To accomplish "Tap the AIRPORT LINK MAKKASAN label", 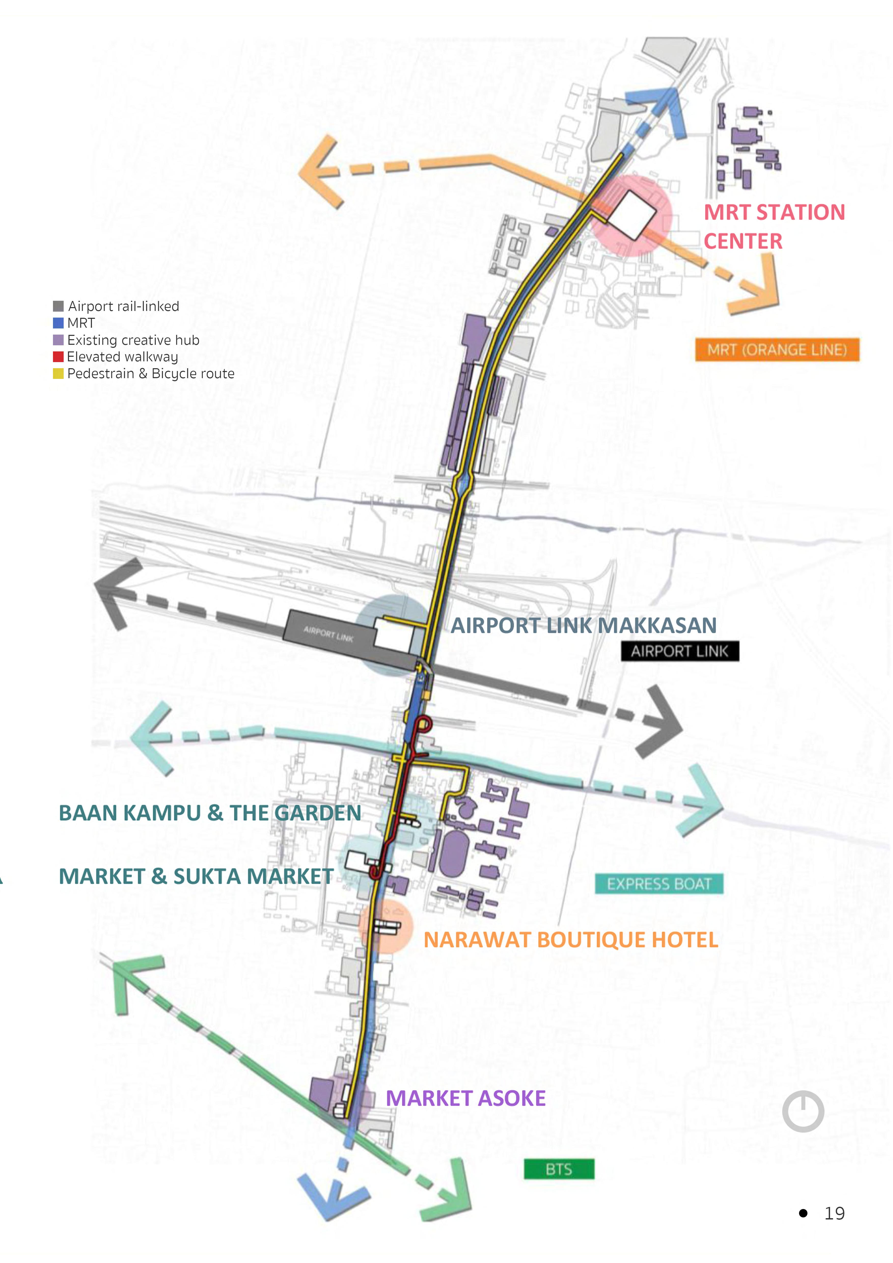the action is point(583,625).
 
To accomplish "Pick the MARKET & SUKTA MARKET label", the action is point(196,876).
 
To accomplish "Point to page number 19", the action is point(834,1213).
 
